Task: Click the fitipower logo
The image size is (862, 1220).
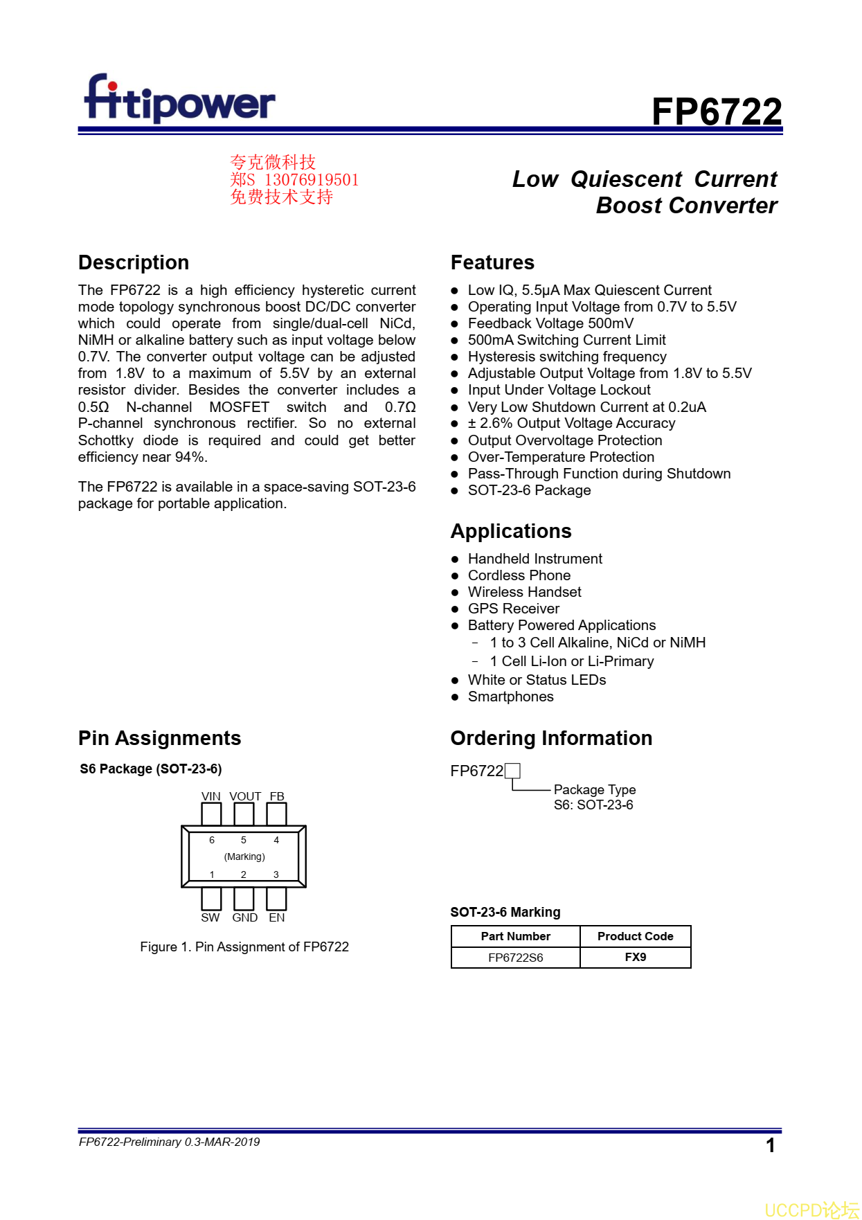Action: point(179,100)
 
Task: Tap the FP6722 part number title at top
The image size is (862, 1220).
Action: point(716,111)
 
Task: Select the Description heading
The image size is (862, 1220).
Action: point(134,262)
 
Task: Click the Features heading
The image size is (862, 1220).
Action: point(492,262)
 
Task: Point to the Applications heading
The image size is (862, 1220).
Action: point(511,531)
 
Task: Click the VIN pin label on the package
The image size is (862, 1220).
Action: point(211,796)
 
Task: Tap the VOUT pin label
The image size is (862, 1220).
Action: point(245,796)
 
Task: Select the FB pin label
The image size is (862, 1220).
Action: point(277,796)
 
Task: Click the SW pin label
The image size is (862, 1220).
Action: point(210,917)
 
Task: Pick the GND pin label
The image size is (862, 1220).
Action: point(245,917)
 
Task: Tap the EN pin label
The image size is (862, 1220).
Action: point(277,917)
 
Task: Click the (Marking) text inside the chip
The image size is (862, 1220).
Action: point(244,856)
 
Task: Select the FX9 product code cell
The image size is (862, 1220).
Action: point(635,957)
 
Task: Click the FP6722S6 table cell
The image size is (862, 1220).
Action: point(516,958)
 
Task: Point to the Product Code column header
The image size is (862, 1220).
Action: point(635,936)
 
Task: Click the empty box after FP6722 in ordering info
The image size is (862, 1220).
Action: point(512,771)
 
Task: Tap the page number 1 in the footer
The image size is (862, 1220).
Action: point(770,1145)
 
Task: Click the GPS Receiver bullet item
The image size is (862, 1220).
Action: point(513,609)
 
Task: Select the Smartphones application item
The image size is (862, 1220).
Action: point(510,697)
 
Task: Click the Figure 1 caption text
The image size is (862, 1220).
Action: point(244,947)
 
